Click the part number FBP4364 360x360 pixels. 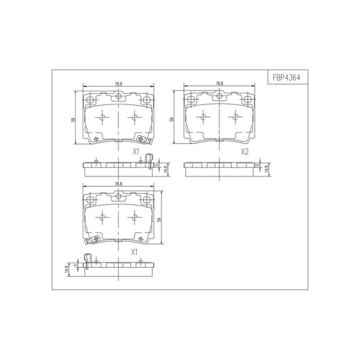[x=286, y=78]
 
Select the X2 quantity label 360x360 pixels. [x=244, y=152]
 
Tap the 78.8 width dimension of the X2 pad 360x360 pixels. [x=219, y=84]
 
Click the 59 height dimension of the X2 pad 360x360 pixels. [x=172, y=120]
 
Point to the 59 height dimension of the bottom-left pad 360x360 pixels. [x=159, y=220]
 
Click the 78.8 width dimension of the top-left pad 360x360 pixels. [x=118, y=84]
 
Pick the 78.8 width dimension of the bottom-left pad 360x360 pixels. [x=118, y=184]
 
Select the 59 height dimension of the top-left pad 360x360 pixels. [x=73, y=120]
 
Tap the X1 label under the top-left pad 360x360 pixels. [x=136, y=152]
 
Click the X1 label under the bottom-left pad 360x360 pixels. [x=134, y=252]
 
